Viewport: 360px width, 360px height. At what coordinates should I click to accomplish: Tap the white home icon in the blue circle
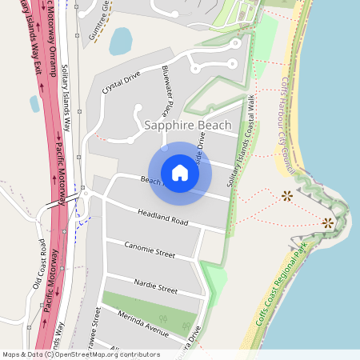click(180, 172)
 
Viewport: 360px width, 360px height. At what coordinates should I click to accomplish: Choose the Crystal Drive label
click(121, 82)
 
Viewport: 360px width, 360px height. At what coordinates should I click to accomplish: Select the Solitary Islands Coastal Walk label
click(241, 144)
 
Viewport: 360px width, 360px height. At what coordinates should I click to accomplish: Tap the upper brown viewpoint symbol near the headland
click(287, 194)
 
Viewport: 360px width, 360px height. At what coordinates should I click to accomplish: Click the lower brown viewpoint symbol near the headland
click(327, 223)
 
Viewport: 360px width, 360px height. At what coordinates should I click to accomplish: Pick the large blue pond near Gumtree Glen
click(122, 40)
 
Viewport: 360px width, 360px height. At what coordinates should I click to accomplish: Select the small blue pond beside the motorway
click(34, 103)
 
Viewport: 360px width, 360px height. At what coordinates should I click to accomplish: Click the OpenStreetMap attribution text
click(81, 354)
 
